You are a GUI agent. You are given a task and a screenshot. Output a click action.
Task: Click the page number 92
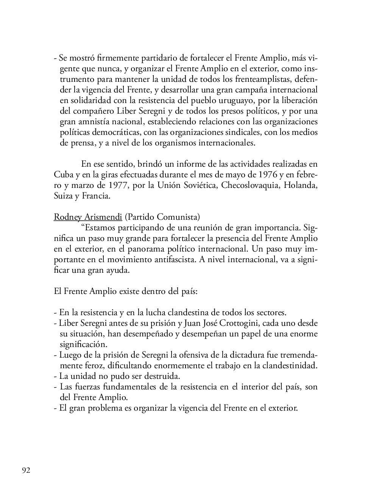tap(26, 471)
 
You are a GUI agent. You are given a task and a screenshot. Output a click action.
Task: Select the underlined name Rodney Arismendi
tap(88, 217)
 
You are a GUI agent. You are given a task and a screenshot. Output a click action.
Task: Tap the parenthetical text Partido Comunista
tap(162, 217)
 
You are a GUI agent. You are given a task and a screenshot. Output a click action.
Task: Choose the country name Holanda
tap(301, 185)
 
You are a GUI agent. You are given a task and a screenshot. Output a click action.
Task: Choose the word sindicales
tap(232, 132)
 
